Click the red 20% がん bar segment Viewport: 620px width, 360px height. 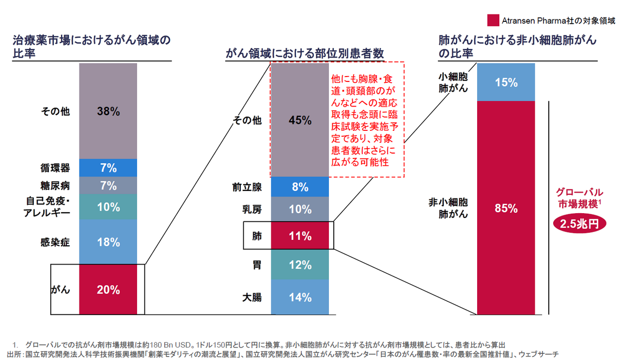[x=108, y=290]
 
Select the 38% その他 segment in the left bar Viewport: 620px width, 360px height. [x=108, y=111]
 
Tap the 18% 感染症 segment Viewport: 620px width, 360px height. [x=108, y=242]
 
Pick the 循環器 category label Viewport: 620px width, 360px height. [x=55, y=168]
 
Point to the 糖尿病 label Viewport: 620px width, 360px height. [x=55, y=186]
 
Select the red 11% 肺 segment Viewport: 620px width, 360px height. [x=301, y=236]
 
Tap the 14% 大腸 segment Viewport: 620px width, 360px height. [x=301, y=297]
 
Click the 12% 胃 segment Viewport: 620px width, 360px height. [x=301, y=265]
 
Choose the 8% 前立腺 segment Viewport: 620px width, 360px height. [x=301, y=187]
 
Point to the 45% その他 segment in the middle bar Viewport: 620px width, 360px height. [x=301, y=120]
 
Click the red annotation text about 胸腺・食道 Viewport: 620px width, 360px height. [x=367, y=120]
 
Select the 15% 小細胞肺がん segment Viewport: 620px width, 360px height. [x=506, y=82]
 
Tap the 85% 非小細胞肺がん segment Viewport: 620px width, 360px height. [x=506, y=209]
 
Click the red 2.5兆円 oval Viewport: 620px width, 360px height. [x=580, y=225]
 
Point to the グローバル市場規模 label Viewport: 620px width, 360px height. [x=580, y=198]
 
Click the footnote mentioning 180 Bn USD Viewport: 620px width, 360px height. [x=262, y=344]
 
